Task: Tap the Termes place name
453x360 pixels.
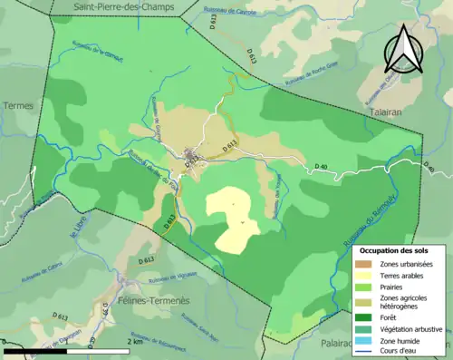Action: pos(18,105)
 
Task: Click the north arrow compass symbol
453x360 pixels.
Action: pos(400,50)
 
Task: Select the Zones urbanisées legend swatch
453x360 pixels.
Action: pos(366,263)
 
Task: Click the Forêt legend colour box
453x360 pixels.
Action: pos(366,316)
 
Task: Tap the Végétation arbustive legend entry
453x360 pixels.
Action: pos(412,328)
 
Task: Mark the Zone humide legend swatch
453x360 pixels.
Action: pos(366,340)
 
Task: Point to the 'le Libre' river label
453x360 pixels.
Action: pos(76,224)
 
